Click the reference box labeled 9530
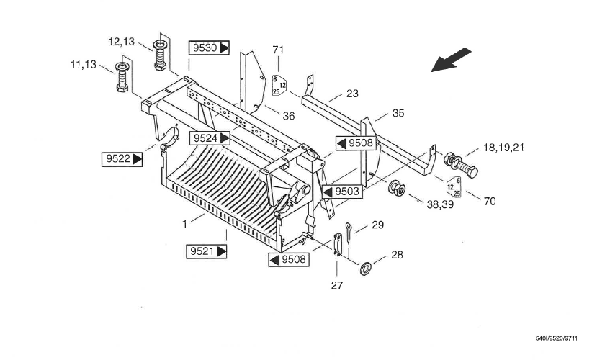tap(209, 48)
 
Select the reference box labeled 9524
tap(210, 138)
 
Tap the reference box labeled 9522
tap(122, 159)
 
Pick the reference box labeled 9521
tap(207, 251)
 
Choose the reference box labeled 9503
tap(342, 192)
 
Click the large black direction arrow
tap(451, 60)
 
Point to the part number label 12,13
tap(121, 42)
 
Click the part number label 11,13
tap(84, 65)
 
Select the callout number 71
tap(278, 50)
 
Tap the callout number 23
tap(352, 94)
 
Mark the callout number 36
tap(289, 116)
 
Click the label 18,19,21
tap(503, 148)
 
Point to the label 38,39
tap(440, 204)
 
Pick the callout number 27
tap(337, 286)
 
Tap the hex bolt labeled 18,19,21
tap(461, 165)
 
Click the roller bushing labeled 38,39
tap(397, 188)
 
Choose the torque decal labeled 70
tap(454, 186)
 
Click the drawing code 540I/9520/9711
tap(556, 338)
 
